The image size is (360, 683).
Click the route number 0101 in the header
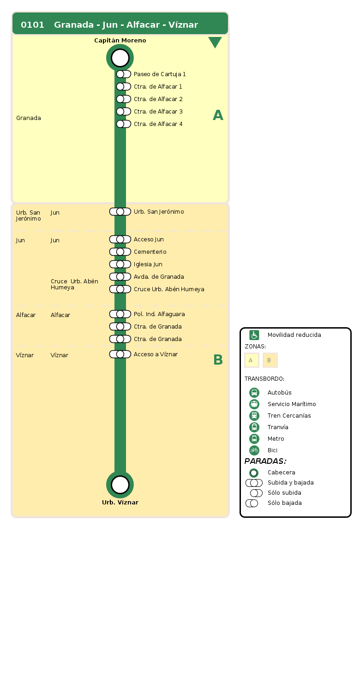coord(32,25)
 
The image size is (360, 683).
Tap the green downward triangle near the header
coord(215,42)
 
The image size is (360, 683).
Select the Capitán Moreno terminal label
coord(120,41)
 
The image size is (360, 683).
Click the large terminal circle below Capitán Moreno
coord(120,58)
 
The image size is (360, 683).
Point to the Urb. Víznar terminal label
coord(120,503)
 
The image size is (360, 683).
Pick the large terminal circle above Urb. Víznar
coord(120,485)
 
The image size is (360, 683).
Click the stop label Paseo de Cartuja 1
coord(160,74)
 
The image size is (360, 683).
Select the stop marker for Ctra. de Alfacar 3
coord(123,112)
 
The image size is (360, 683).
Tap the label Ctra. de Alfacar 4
coord(158,124)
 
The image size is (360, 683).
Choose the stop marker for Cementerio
coord(120,252)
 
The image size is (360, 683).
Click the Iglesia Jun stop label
coord(148,264)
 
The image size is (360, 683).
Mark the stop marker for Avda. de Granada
coord(120,277)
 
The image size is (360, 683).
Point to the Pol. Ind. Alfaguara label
coord(159,314)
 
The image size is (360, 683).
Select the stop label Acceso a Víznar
coord(156,354)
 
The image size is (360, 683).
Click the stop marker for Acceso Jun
coord(120,240)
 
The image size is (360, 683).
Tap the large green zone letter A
coord(218,115)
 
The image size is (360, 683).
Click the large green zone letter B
coord(218,360)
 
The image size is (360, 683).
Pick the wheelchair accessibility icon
coord(254,335)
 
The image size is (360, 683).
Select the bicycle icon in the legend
coord(254,450)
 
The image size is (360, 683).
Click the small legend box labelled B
coord(270,360)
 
